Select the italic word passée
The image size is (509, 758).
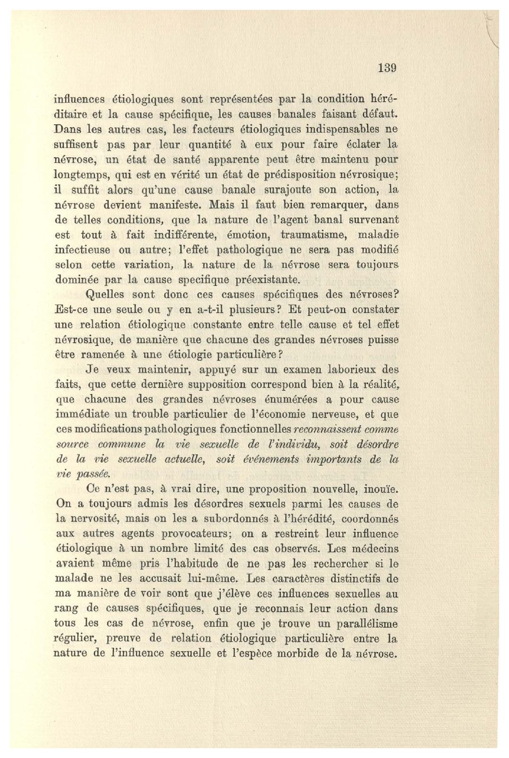pos(93,474)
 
